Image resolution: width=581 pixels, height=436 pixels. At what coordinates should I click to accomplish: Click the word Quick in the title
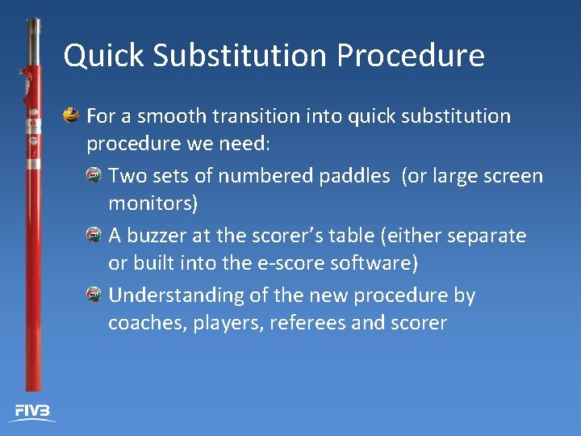(102, 57)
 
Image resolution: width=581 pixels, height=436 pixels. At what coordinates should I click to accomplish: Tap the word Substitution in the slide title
(239, 57)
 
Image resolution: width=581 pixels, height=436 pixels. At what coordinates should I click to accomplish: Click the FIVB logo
(32, 412)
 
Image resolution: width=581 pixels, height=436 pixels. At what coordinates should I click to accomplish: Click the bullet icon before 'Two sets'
(94, 175)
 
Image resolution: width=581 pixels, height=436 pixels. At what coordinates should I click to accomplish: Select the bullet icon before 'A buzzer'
(94, 235)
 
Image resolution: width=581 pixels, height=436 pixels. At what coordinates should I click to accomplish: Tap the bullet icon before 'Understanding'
(94, 295)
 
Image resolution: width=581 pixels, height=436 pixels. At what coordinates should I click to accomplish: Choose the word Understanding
(176, 296)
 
